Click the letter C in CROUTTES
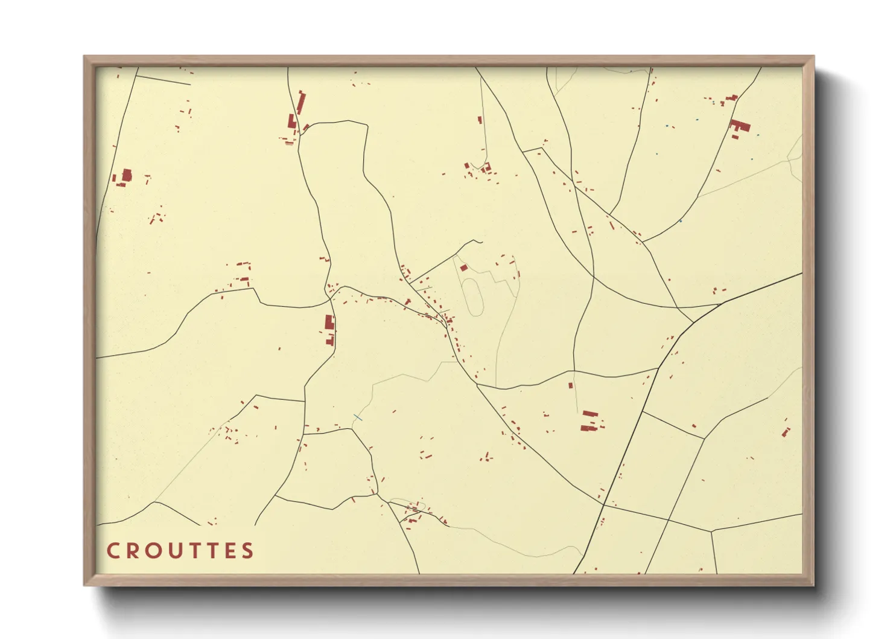113,551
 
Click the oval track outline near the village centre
473,296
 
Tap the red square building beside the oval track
463,268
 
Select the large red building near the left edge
126,176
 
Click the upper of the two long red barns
590,414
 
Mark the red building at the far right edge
786,432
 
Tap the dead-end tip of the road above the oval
482,242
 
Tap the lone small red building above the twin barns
570,385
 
